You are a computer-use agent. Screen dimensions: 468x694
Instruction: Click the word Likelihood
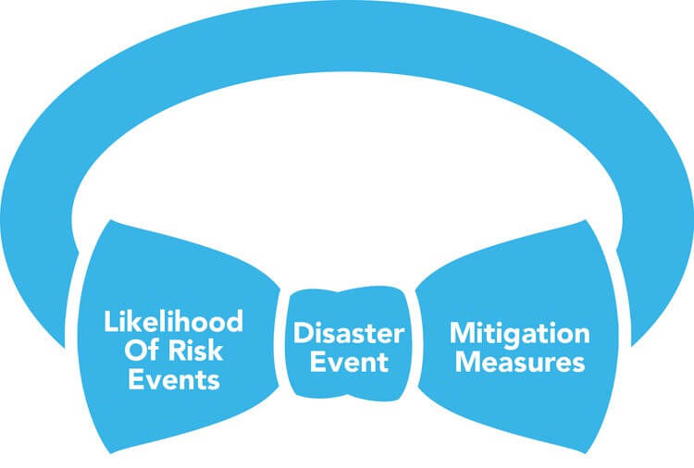pyautogui.click(x=173, y=322)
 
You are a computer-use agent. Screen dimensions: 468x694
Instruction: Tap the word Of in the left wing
pyautogui.click(x=128, y=351)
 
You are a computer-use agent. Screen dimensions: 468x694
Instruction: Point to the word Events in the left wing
pyautogui.click(x=173, y=379)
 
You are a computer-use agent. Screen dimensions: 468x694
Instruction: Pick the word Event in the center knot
pyautogui.click(x=348, y=361)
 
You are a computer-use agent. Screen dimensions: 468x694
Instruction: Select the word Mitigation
pyautogui.click(x=518, y=333)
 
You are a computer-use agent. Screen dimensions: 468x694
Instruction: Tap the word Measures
pyautogui.click(x=518, y=361)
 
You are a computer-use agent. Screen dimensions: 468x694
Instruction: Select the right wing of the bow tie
pyautogui.click(x=518, y=277)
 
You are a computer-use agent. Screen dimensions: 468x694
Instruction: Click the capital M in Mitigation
pyautogui.click(x=460, y=333)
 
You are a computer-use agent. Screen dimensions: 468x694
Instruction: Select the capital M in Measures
pyautogui.click(x=462, y=361)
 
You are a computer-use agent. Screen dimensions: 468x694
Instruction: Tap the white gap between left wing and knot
pyautogui.click(x=285, y=342)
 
